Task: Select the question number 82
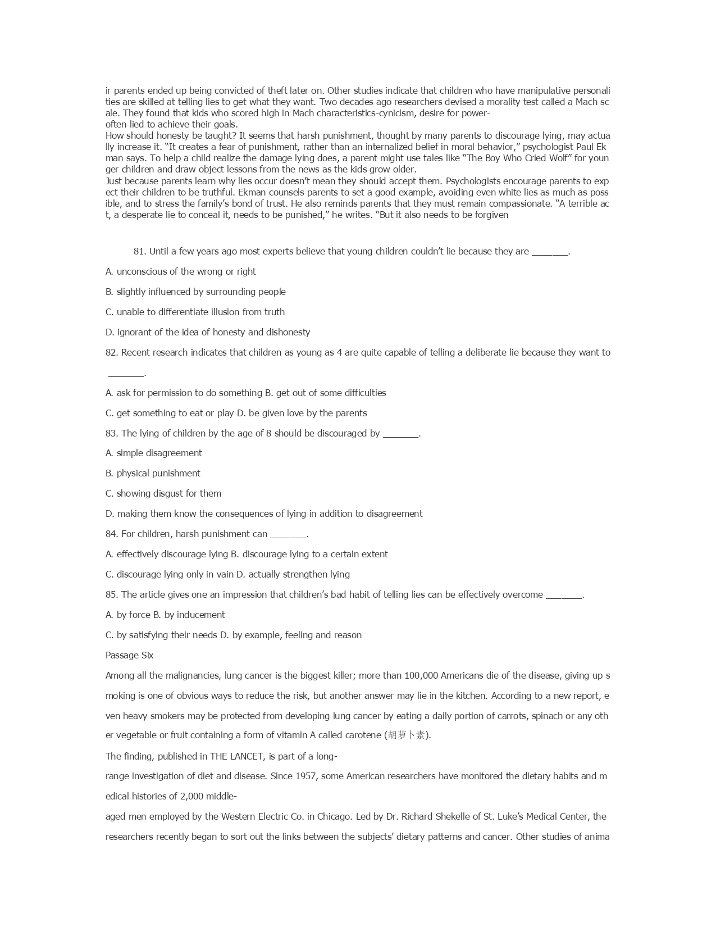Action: click(111, 353)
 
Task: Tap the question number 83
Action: click(111, 434)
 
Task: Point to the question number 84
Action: click(111, 534)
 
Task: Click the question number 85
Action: click(111, 595)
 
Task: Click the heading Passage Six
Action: click(129, 656)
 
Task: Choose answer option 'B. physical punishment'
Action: click(153, 474)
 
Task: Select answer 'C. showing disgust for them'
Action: click(163, 494)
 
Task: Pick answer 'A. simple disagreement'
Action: click(153, 453)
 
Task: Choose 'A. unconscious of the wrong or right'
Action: click(180, 272)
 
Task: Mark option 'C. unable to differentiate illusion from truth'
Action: click(195, 312)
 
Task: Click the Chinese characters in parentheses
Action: click(406, 735)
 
